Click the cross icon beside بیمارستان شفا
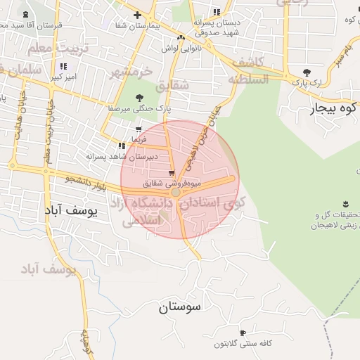tap(137, 15)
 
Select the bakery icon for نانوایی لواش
tap(181, 37)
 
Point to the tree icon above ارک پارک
tap(306, 72)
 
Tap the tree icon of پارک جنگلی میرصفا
tap(139, 98)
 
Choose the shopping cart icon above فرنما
tap(139, 129)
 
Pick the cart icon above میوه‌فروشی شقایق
tap(172, 173)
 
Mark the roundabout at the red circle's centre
tap(176, 191)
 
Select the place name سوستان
tap(180, 307)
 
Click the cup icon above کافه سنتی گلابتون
tap(243, 333)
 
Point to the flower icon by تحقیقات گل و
tap(345, 204)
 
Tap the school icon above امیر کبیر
tap(63, 66)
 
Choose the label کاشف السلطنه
tap(247, 70)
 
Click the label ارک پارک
tap(309, 82)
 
